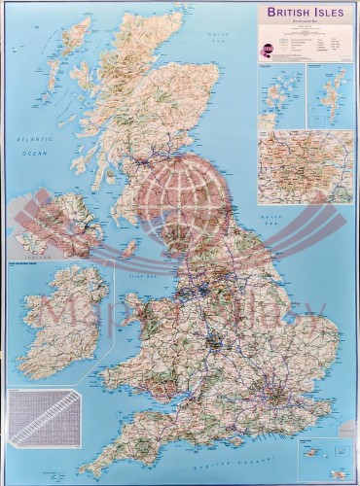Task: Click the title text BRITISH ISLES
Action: [x=304, y=15]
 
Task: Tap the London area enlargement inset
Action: [x=305, y=166]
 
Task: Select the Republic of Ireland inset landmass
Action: [x=58, y=321]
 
